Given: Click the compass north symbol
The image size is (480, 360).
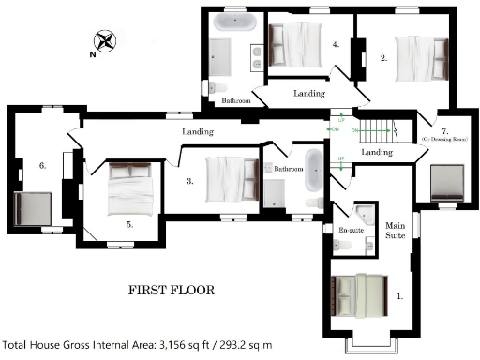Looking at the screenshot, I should pyautogui.click(x=104, y=41).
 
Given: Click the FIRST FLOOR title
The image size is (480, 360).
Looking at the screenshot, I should pyautogui.click(x=171, y=290).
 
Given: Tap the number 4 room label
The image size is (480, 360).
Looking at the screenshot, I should pyautogui.click(x=335, y=44).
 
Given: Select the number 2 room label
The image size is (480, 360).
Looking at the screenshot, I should pyautogui.click(x=383, y=58).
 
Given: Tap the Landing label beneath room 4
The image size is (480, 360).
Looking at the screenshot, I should pyautogui.click(x=308, y=94).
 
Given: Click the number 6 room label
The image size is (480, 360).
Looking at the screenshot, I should pyautogui.click(x=42, y=165).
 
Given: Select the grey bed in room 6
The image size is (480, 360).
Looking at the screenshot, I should pyautogui.click(x=34, y=208).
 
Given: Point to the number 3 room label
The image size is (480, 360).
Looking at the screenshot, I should pyautogui.click(x=189, y=182).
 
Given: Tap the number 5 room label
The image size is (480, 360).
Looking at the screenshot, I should pyautogui.click(x=129, y=225).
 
